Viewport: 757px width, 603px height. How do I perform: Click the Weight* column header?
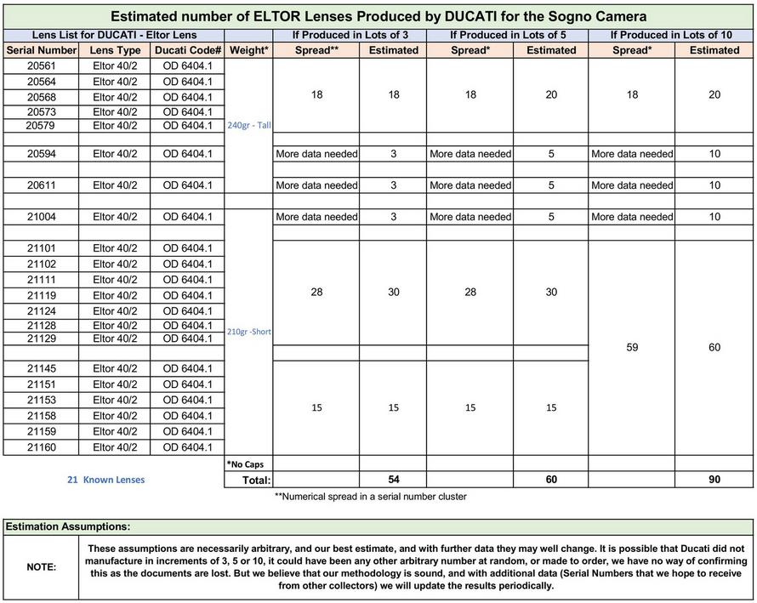tap(249, 50)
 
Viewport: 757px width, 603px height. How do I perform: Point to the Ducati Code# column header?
tap(187, 50)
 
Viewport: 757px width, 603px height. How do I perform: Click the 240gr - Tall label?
tap(249, 125)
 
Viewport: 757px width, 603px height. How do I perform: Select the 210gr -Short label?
tap(249, 332)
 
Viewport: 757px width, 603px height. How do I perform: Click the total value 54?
tap(393, 480)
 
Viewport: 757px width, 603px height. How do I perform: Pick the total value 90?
tap(714, 480)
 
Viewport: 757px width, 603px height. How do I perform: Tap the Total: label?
tap(249, 480)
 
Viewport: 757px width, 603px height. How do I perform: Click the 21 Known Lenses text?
tap(106, 480)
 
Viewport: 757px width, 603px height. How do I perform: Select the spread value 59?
tap(632, 347)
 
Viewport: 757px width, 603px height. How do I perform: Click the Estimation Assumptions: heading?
tap(68, 527)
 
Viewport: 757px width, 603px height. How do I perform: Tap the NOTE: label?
tap(41, 566)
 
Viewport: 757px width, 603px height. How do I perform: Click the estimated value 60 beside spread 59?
tap(714, 347)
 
